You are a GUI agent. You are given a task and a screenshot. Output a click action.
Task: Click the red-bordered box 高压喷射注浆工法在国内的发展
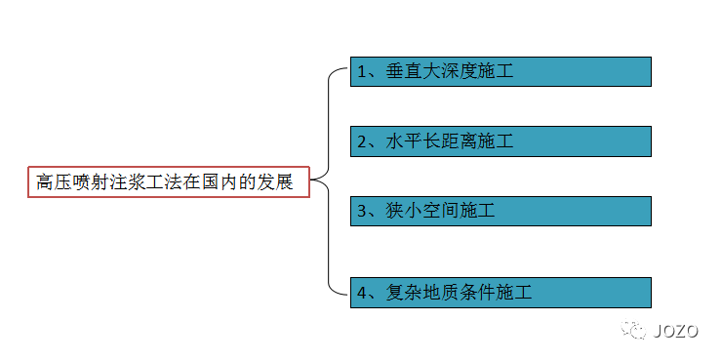pos(168,182)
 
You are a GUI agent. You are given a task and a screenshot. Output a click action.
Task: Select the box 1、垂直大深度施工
pos(501,72)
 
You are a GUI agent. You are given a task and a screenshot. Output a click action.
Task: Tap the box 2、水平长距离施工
pos(501,141)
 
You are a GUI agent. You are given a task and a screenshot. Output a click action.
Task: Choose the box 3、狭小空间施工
pos(501,211)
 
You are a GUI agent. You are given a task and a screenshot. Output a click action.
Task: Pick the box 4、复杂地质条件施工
pos(501,292)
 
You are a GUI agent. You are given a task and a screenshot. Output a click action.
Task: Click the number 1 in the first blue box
pos(362,72)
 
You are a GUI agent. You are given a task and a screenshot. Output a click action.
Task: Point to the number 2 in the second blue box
pos(362,141)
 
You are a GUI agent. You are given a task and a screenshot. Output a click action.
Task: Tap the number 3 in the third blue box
pos(362,211)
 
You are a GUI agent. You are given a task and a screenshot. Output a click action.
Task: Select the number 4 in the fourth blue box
pos(362,292)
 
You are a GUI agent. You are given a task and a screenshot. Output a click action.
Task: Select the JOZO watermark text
pos(676,331)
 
